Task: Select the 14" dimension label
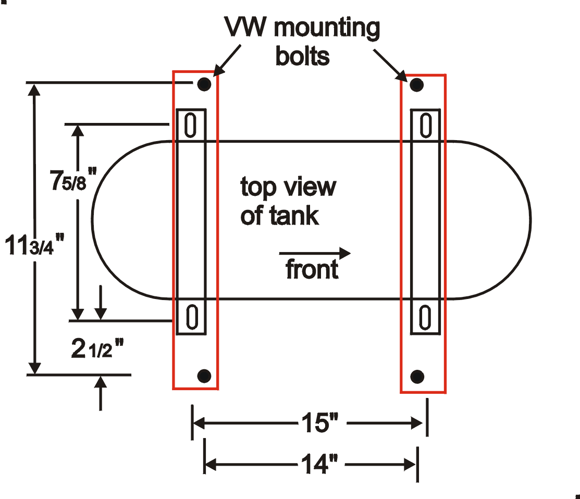pyautogui.click(x=320, y=463)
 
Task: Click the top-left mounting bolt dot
pyautogui.click(x=204, y=84)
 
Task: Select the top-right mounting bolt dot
pyautogui.click(x=416, y=84)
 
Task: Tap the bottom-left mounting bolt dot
pyautogui.click(x=204, y=375)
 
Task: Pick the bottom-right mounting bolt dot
pyautogui.click(x=417, y=376)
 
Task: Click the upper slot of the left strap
pyautogui.click(x=191, y=125)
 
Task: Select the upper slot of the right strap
pyautogui.click(x=426, y=126)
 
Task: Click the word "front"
pyautogui.click(x=312, y=270)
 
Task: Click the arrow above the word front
pyautogui.click(x=316, y=254)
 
